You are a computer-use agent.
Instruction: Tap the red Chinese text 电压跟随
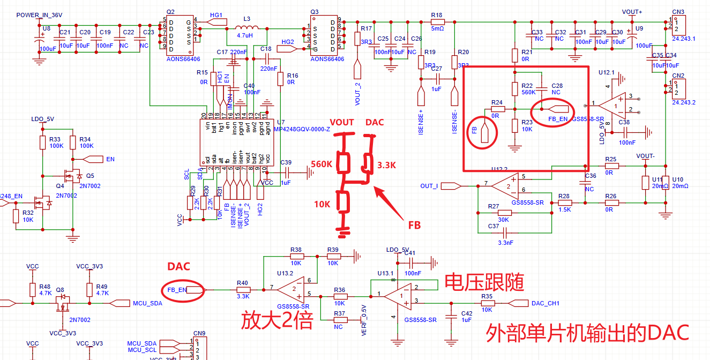tap(484, 282)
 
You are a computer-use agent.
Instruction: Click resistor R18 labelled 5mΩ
tap(437, 22)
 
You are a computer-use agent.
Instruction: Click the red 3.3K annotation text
tap(386, 165)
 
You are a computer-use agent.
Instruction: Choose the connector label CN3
tap(678, 12)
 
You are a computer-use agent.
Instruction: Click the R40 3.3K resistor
tap(243, 290)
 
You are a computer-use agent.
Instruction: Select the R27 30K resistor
tap(504, 213)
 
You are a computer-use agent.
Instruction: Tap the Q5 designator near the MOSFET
tap(90, 176)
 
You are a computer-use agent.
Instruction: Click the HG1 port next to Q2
tap(214, 22)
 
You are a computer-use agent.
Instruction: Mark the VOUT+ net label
tap(632, 12)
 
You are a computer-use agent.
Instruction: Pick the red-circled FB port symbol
tap(484, 131)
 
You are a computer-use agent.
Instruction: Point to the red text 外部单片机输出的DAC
tap(587, 333)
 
